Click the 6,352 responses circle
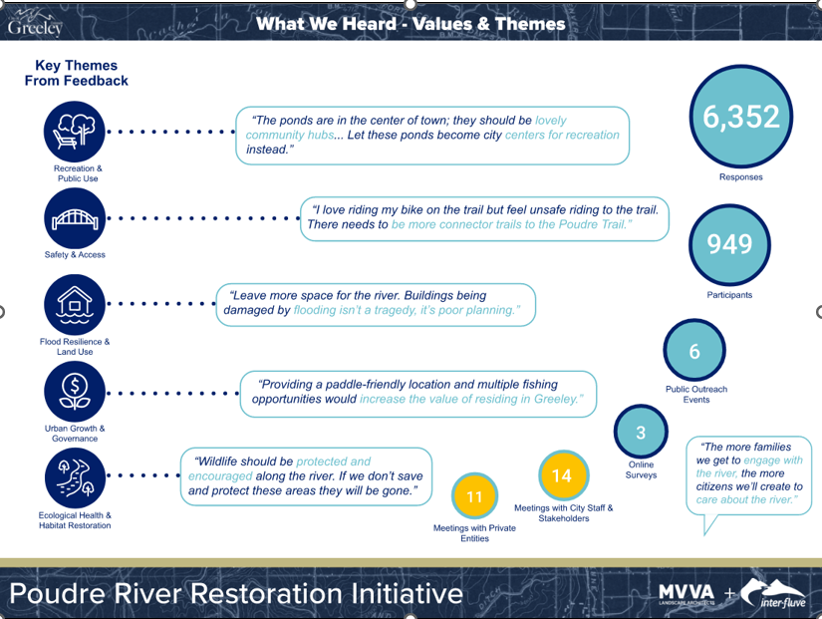click(x=741, y=119)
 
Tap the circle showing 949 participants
click(x=729, y=244)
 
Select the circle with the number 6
click(x=694, y=352)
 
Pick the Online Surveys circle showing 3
click(x=641, y=434)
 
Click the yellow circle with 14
click(x=562, y=475)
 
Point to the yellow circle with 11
click(x=474, y=496)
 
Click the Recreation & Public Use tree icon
click(x=76, y=131)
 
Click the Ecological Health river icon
click(x=76, y=477)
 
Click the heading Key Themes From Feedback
click(x=77, y=73)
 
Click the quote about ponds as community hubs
click(x=433, y=135)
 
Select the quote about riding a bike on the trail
click(x=483, y=217)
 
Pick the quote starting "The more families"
click(x=751, y=473)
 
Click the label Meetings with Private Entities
click(x=474, y=532)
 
